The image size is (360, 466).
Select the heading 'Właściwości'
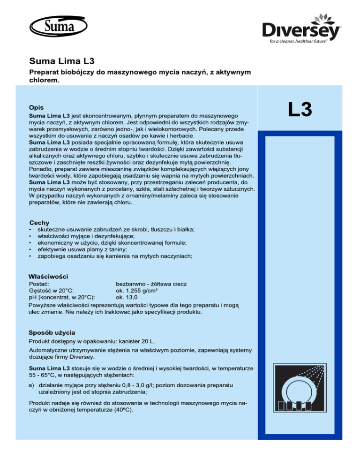(49, 276)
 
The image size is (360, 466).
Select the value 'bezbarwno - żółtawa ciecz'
(151, 284)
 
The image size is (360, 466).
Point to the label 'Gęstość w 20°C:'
(53, 290)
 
